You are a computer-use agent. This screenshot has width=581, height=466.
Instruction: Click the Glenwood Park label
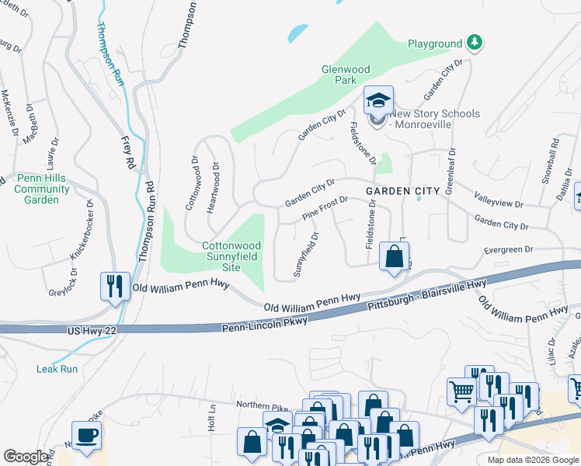pos(350,74)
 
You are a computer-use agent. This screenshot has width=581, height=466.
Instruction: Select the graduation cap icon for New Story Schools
pos(378,101)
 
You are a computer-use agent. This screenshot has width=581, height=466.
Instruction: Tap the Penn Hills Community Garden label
pos(42,189)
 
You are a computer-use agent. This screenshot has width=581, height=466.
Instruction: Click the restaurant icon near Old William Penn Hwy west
pos(113,287)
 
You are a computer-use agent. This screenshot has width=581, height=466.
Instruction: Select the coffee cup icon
pos(86,436)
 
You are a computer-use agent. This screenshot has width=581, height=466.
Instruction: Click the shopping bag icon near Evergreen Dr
pos(395,256)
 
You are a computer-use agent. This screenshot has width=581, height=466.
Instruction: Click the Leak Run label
pos(57,369)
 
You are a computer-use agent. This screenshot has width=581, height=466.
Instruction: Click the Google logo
pos(26,457)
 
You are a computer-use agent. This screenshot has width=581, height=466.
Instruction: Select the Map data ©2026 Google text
pos(532,460)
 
